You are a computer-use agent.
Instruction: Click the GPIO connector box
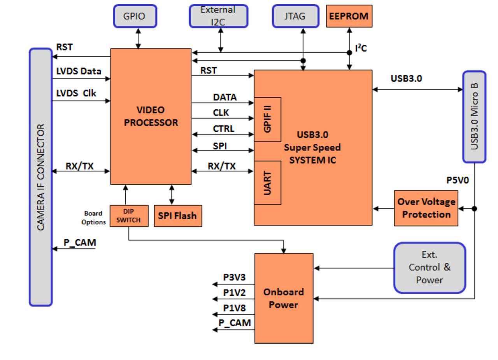click(x=135, y=16)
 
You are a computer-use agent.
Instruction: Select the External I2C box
click(x=219, y=16)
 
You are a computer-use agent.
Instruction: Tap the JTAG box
click(x=296, y=16)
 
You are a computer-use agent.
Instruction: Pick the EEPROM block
click(x=349, y=16)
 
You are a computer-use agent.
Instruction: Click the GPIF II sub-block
click(x=267, y=119)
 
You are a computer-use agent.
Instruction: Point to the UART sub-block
click(x=267, y=183)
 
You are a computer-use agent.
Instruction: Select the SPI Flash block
click(x=178, y=216)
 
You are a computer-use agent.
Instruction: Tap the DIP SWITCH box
click(x=129, y=216)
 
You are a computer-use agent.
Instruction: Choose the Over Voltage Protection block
click(x=426, y=208)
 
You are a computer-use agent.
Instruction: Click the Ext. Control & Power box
click(x=430, y=267)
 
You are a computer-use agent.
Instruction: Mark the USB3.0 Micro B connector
click(x=474, y=117)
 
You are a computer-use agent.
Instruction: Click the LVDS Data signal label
click(x=79, y=71)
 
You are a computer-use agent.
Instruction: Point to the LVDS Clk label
click(x=76, y=93)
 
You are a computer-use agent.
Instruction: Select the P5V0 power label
click(x=458, y=180)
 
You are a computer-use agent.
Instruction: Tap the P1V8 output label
click(x=234, y=308)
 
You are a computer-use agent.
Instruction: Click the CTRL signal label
click(x=223, y=129)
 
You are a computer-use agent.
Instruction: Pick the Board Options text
click(x=94, y=218)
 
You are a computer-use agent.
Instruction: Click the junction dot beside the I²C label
click(x=349, y=52)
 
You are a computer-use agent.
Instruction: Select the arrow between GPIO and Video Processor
click(x=138, y=38)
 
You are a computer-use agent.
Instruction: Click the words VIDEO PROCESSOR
click(x=151, y=116)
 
